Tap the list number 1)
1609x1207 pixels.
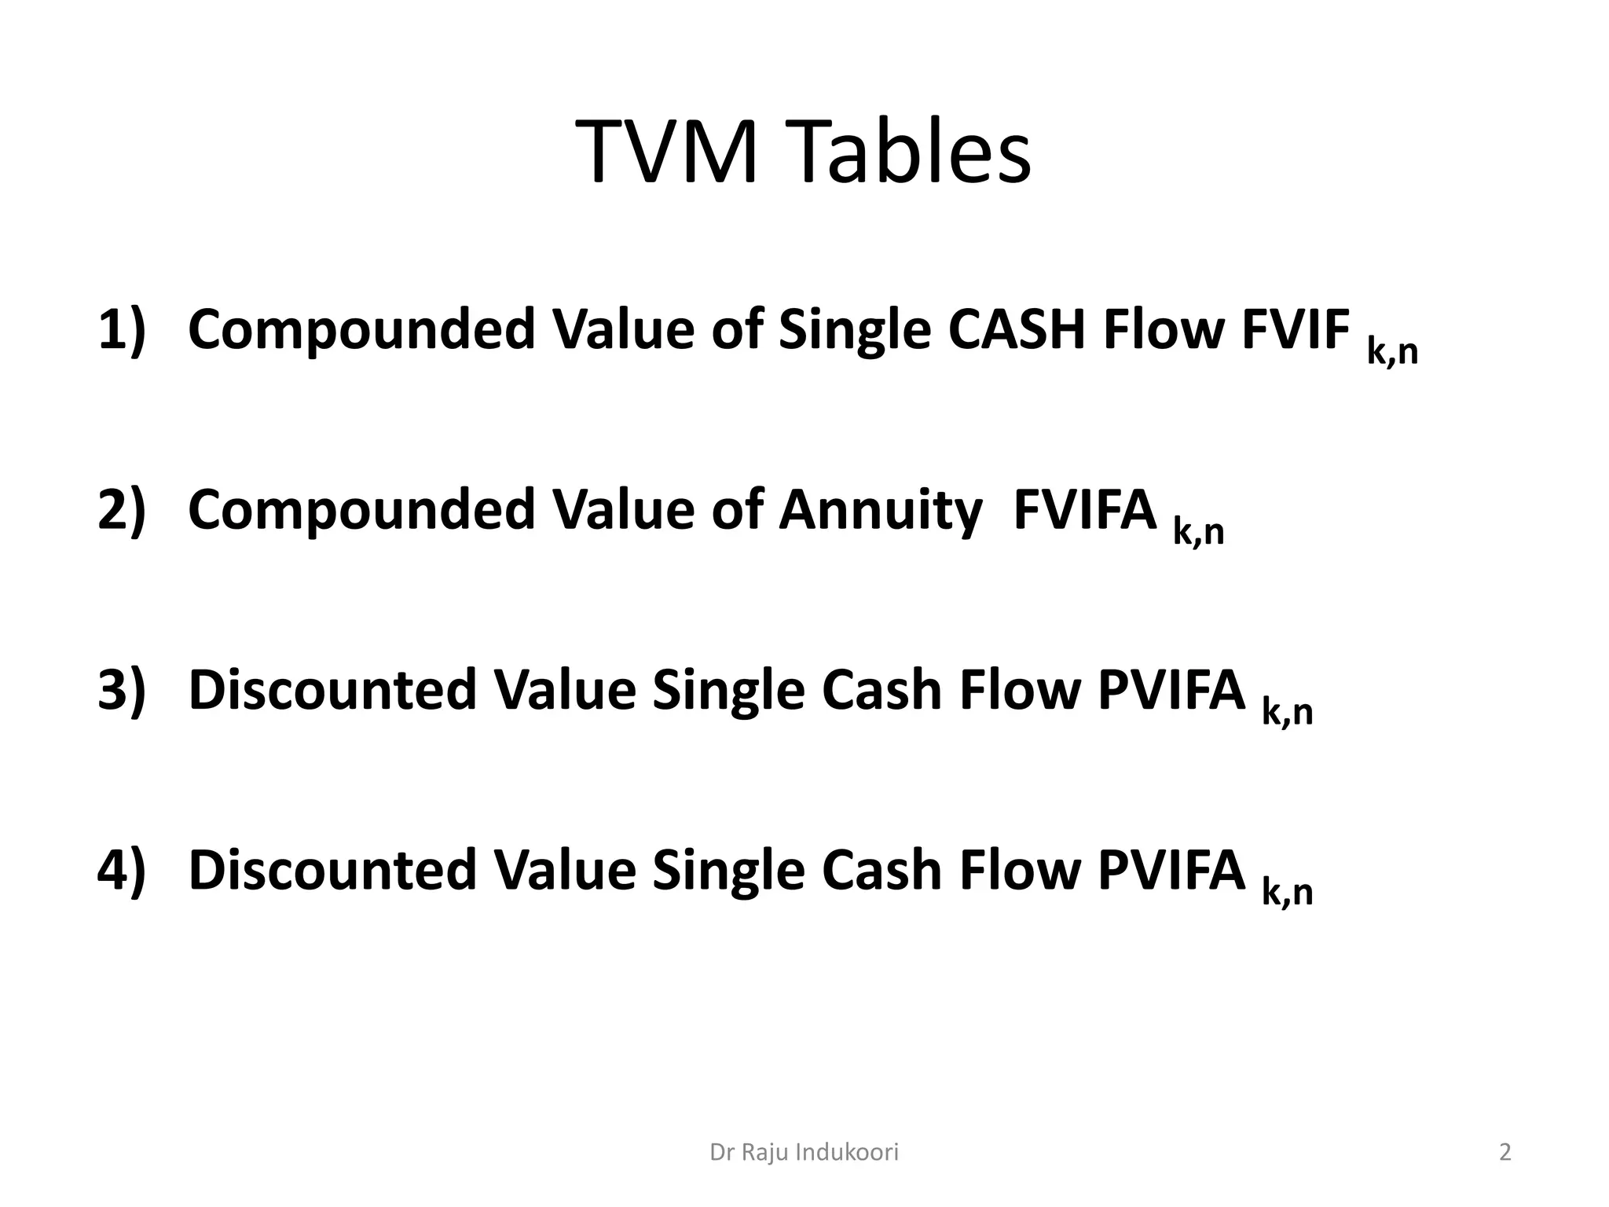click(122, 328)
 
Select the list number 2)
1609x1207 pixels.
click(122, 509)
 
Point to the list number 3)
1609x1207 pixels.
click(122, 690)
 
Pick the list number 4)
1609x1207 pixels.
click(122, 870)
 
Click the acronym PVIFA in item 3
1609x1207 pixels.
click(1171, 690)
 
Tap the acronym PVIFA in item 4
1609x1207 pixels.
click(1171, 870)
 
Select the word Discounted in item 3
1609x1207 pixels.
click(332, 690)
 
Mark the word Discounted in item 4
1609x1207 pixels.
click(332, 870)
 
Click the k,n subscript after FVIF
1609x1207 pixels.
click(1392, 352)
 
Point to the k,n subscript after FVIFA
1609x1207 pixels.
click(1198, 533)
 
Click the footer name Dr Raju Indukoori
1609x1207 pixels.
click(804, 1152)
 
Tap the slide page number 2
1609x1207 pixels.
click(1505, 1152)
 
